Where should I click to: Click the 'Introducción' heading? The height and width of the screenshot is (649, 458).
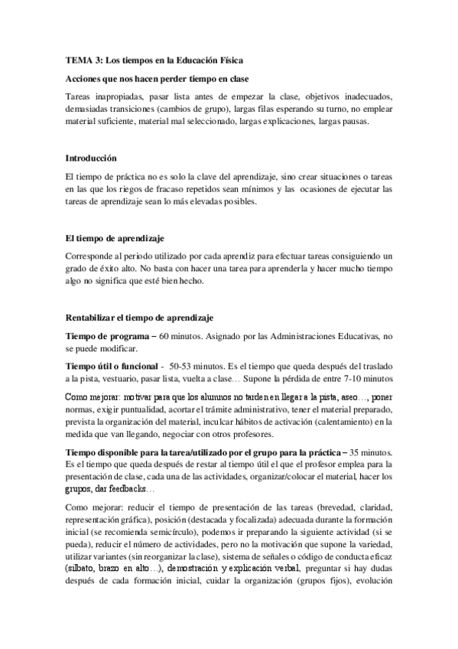click(91, 158)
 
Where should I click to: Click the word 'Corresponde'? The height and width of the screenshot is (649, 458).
click(93, 256)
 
